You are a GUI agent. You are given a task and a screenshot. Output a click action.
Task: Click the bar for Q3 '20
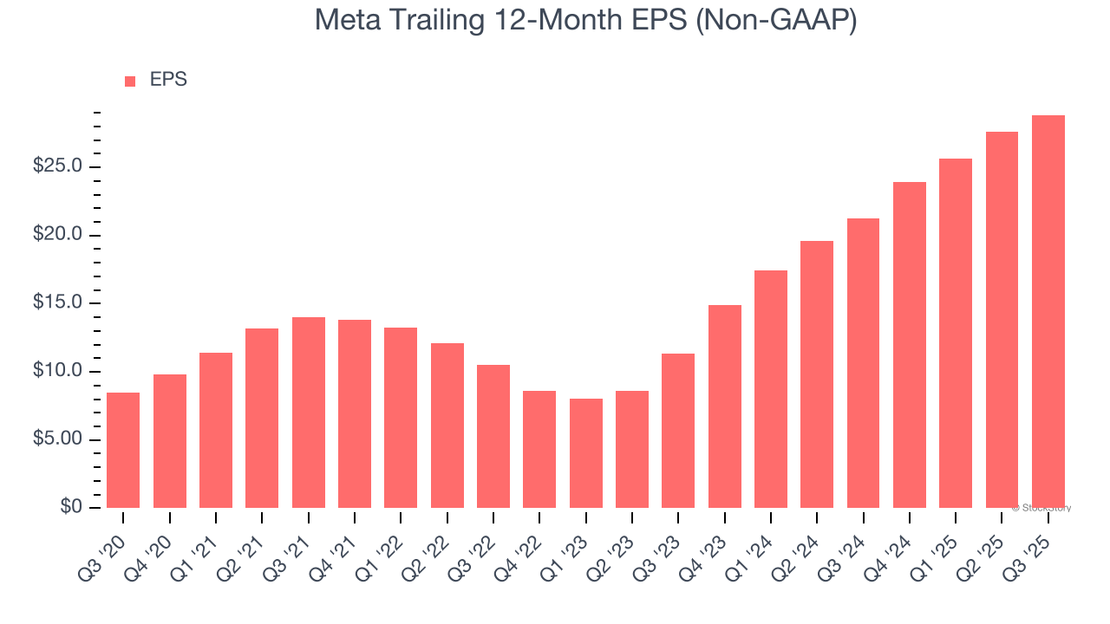click(123, 451)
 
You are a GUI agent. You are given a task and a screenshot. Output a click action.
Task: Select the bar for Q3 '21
click(308, 413)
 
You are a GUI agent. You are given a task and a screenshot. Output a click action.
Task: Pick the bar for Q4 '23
click(724, 406)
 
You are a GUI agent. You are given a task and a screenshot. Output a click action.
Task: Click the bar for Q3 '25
click(1048, 312)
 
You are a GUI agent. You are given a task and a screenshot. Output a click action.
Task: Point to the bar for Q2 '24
click(817, 374)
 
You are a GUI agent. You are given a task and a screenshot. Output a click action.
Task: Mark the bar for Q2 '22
click(447, 426)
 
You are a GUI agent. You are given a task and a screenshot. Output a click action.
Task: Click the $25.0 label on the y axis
click(57, 166)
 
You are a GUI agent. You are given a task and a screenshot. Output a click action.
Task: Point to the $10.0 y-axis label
click(57, 372)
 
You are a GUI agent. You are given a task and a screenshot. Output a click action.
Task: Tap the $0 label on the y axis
click(70, 508)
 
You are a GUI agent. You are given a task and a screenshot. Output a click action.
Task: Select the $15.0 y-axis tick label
click(57, 303)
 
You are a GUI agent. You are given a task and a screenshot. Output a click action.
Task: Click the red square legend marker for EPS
click(130, 81)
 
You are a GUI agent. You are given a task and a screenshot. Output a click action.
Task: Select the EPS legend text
click(168, 80)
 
